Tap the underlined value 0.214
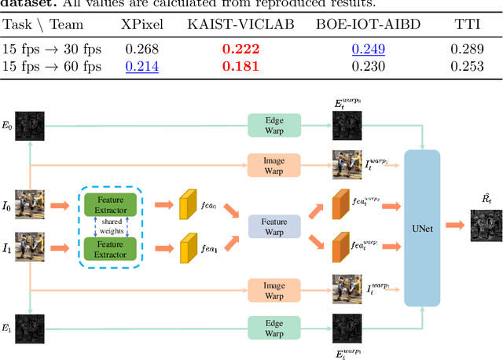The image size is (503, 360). point(142,67)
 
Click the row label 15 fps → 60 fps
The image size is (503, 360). point(52,67)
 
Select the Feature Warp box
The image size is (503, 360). point(275,227)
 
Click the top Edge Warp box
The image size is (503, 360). point(274,124)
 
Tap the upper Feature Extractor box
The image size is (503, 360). point(111,204)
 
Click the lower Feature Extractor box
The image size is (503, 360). point(111,248)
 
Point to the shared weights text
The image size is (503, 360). point(111,226)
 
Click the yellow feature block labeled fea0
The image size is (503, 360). point(189,204)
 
